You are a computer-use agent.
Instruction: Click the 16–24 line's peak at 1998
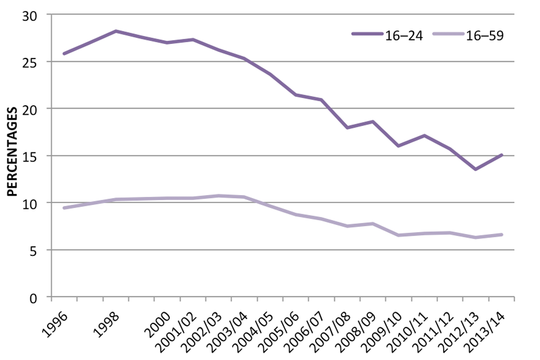coord(116,31)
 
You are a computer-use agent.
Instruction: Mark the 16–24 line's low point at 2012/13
coord(475,169)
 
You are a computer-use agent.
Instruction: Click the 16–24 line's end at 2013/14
coord(501,155)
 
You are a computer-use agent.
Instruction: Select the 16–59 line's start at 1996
coord(64,208)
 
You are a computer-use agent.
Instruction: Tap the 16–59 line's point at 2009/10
coord(398,235)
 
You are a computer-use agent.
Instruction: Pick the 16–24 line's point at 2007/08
coord(347,128)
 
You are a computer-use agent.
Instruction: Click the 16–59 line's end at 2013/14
coord(501,235)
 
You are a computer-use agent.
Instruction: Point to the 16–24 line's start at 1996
coord(64,54)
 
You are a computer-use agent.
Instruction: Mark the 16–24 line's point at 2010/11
coord(424,136)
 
